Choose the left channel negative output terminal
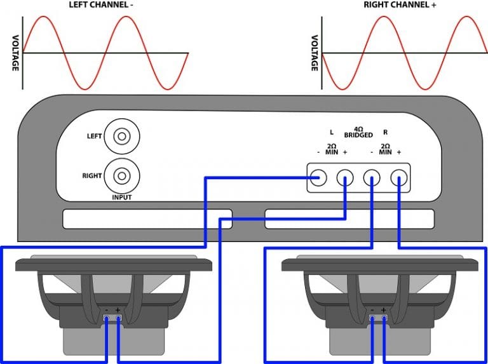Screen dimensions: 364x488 [318, 178]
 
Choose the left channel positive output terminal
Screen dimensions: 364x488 [344, 178]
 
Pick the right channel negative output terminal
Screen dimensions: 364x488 [372, 178]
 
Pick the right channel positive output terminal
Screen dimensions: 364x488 [398, 178]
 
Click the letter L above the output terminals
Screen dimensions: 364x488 [331, 133]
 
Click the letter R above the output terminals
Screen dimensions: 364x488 [385, 133]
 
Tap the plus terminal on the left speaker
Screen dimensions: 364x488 [118, 317]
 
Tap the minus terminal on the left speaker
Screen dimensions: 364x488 [106, 317]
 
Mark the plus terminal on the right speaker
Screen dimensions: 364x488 [384, 317]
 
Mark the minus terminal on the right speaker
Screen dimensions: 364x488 [372, 317]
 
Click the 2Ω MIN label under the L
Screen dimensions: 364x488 [331, 149]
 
